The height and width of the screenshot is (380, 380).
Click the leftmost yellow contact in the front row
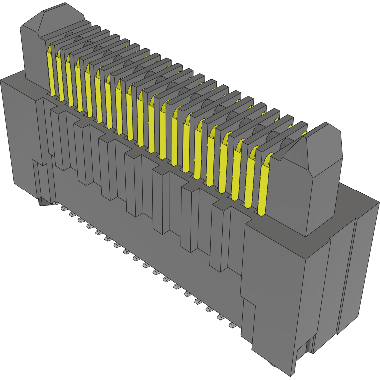pos(50,70)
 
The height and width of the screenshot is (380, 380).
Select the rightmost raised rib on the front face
pos(219,236)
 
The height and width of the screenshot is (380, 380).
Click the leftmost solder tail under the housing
pos(64,210)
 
